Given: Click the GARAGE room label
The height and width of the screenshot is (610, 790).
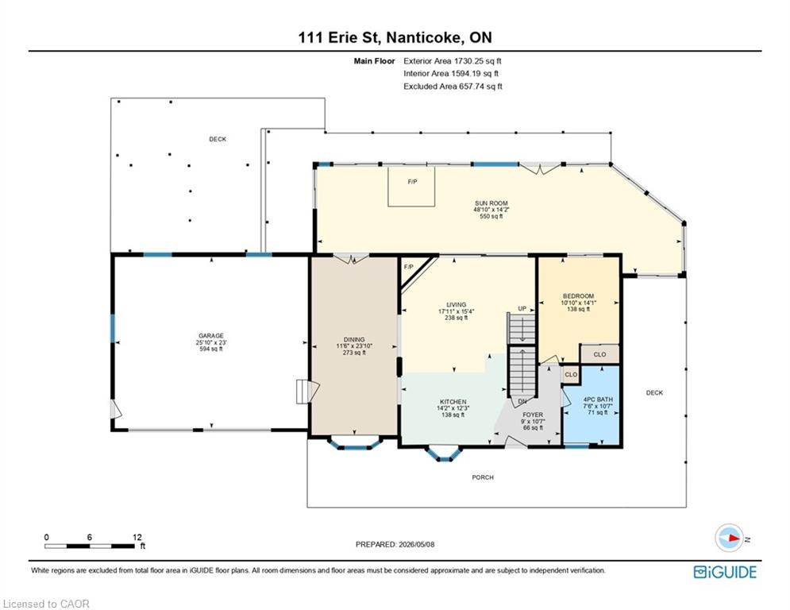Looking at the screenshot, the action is pos(211,336).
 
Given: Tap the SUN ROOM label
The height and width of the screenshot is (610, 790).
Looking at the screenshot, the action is pos(491,203).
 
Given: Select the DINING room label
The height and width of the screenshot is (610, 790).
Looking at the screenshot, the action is pos(354,340).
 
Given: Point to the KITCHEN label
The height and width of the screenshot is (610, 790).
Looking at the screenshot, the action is pos(453,402).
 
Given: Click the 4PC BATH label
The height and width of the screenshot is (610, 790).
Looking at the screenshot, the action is pos(598,400).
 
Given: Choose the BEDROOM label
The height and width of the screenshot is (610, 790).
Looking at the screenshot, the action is pos(578,296).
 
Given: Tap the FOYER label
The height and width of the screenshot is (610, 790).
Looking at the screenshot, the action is pos(533,415).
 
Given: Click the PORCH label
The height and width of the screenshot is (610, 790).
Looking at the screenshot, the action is pos(483,477).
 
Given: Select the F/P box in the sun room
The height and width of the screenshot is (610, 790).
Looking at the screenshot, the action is pos(411,186).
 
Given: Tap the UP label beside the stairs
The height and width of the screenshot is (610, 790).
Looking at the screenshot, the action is pos(522,308).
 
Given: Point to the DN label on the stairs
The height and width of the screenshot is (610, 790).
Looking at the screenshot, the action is pos(522,402).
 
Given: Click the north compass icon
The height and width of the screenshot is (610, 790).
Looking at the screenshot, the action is pos(729,538).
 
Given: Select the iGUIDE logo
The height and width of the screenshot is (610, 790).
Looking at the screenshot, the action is pos(725,572).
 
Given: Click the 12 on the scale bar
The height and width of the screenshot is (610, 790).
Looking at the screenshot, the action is pos(137,538).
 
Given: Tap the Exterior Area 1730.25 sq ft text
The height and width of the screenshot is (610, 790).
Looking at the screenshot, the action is pos(453,61).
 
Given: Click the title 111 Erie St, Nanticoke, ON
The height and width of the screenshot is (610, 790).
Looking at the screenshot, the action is pos(395,37).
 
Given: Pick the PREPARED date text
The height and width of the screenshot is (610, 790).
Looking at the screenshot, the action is pos(395,544).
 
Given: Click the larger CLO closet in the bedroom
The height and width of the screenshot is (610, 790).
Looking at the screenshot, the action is pos(599,354).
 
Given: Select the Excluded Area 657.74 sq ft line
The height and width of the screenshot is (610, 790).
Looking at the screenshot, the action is pos(453,87).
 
